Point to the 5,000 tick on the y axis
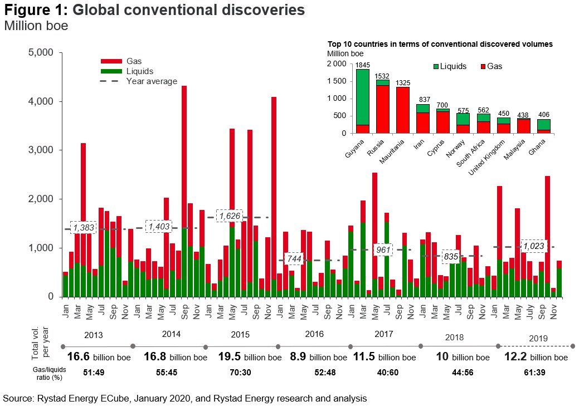click(40, 53)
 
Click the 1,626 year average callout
click(229, 216)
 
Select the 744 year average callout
click(294, 259)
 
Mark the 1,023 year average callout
click(533, 246)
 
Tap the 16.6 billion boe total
click(96, 357)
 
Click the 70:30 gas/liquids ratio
click(242, 372)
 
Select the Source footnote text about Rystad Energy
click(184, 398)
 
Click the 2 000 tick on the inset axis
click(336, 64)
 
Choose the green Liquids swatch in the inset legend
click(436, 66)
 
